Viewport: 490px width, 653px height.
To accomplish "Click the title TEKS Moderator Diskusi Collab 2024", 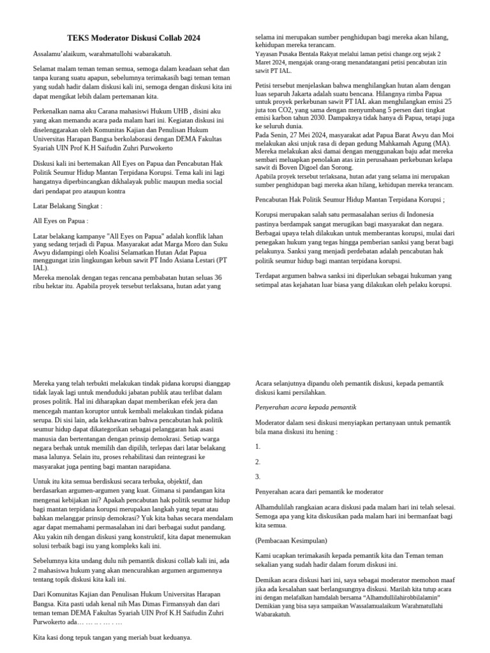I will point(134,38).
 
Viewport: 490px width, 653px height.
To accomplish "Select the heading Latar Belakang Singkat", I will point(67,206).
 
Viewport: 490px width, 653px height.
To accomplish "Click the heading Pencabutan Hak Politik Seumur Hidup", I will point(350,200).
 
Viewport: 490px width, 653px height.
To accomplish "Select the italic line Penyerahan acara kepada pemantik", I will point(305,407).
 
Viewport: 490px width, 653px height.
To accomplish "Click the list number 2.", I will point(258,461).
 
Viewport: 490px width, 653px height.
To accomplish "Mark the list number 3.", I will point(258,476).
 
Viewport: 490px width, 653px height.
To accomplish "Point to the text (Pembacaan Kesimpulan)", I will point(291,540).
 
